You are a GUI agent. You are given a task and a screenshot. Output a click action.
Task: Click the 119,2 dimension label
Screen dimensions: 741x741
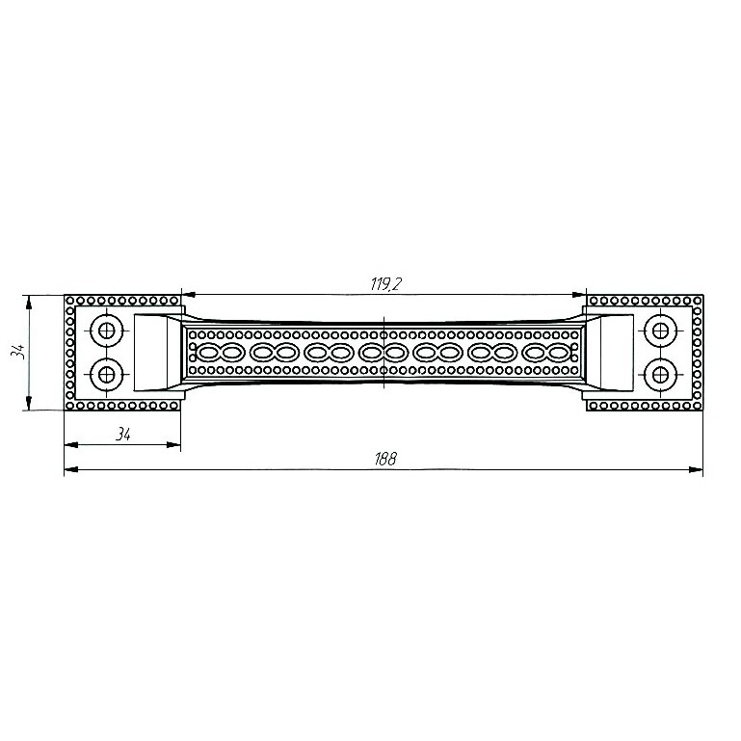[385, 284]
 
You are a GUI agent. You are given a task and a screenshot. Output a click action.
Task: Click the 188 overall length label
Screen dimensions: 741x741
[385, 459]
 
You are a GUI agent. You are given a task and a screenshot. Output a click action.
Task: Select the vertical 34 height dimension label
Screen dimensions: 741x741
[19, 352]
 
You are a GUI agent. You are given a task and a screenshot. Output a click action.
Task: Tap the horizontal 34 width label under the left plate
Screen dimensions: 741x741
[123, 434]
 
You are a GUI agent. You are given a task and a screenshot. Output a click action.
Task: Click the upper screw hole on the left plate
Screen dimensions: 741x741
[107, 330]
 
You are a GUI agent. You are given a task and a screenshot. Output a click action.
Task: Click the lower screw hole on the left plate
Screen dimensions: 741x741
[107, 375]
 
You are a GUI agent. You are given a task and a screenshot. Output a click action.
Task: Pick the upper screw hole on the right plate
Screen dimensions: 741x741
[660, 331]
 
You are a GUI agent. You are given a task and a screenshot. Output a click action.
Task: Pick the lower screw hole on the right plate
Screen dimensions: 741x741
[660, 375]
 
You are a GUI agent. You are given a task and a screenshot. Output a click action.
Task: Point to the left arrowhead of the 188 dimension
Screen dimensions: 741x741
[71, 469]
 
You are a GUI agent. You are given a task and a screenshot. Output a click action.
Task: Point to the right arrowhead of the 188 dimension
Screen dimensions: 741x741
[696, 469]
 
